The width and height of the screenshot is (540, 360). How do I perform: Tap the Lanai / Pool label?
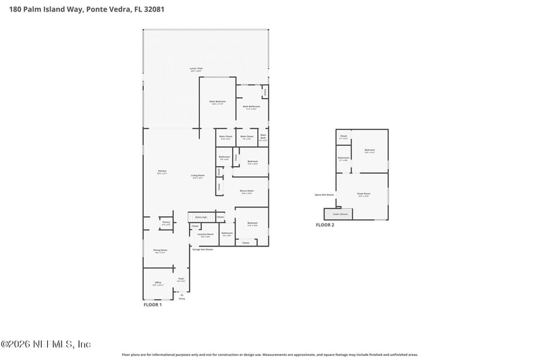pyautogui.click(x=197, y=69)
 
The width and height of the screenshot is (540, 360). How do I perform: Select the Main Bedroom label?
pyautogui.click(x=217, y=103)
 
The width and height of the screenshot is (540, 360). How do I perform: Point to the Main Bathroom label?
pyautogui.click(x=251, y=107)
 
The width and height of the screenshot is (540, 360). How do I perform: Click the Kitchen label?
pyautogui.click(x=162, y=172)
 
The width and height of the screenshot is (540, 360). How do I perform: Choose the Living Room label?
pyautogui.click(x=197, y=176)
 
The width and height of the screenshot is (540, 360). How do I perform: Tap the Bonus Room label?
pyautogui.click(x=246, y=192)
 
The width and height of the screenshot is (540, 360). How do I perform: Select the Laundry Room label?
pyautogui.click(x=205, y=235)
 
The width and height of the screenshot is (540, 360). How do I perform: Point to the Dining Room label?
pyautogui.click(x=159, y=251)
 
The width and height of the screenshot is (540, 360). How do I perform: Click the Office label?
pyautogui.click(x=158, y=283)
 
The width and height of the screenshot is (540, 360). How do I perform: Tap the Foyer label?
pyautogui.click(x=181, y=280)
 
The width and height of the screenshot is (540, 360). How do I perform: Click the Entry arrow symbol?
pyautogui.click(x=181, y=294)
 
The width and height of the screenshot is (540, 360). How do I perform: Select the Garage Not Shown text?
pyautogui.click(x=202, y=249)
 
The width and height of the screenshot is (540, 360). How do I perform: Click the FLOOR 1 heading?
pyautogui.click(x=153, y=305)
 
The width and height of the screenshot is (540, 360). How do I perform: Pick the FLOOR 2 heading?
pyautogui.click(x=325, y=225)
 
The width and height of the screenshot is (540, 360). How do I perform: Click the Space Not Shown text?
pyautogui.click(x=324, y=195)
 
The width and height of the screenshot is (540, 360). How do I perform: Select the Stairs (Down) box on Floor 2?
pyautogui.click(x=340, y=213)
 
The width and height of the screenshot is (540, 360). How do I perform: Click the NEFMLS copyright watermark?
pyautogui.click(x=45, y=344)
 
